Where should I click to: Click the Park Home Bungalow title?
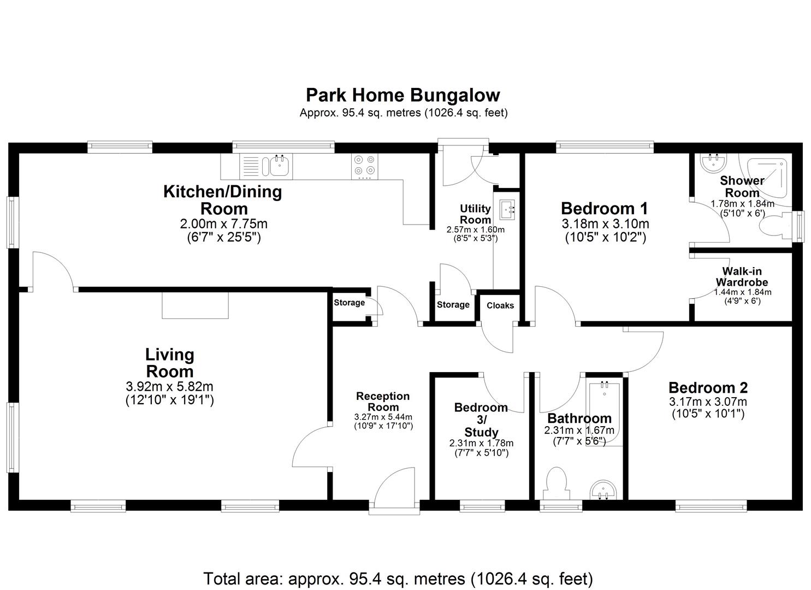[402, 95]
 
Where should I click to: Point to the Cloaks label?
[500, 305]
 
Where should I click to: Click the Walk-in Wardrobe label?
[742, 277]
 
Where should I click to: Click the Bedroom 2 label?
[708, 388]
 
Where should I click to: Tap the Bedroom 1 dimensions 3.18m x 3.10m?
[605, 223]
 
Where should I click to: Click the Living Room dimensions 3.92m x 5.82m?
[169, 387]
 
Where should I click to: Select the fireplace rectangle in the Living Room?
[196, 305]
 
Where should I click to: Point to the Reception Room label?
[382, 402]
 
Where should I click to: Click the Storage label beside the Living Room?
[349, 303]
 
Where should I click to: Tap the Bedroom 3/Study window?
[482, 506]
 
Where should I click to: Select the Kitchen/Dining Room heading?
[223, 200]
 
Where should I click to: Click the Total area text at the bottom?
[398, 578]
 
